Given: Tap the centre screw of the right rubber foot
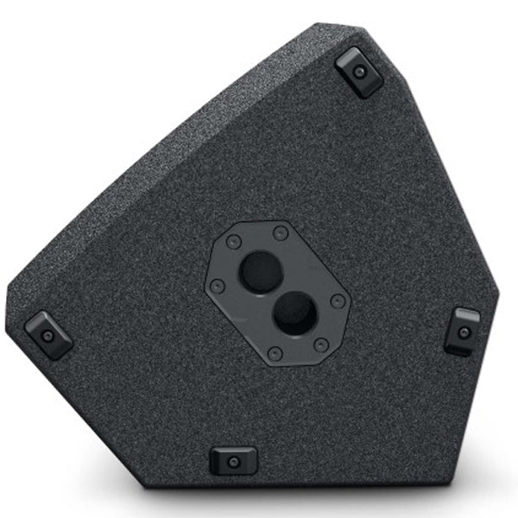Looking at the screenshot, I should coord(464,332).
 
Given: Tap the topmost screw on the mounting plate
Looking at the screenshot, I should coord(281,232).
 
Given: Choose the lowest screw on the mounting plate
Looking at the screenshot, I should coord(275,352).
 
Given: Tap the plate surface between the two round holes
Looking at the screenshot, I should coord(276,291).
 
